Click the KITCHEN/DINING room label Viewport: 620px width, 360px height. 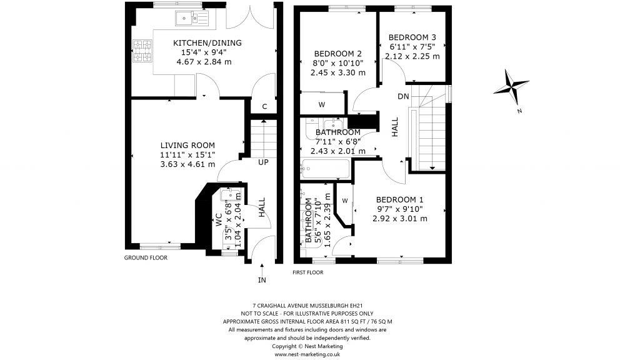click(x=198, y=43)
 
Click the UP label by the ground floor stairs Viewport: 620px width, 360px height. click(x=263, y=162)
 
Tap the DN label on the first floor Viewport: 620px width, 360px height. click(x=403, y=96)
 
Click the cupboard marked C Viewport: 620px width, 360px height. click(x=264, y=107)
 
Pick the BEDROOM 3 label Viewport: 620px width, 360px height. click(x=412, y=37)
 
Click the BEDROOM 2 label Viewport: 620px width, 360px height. click(x=338, y=53)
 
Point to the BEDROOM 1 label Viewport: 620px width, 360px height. click(x=399, y=199)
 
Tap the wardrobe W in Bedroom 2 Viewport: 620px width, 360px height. click(x=322, y=104)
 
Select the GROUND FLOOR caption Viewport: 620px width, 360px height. click(x=145, y=257)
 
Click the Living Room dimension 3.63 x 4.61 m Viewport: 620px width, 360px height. click(x=187, y=164)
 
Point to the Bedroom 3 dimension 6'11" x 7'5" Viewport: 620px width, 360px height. click(x=412, y=46)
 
